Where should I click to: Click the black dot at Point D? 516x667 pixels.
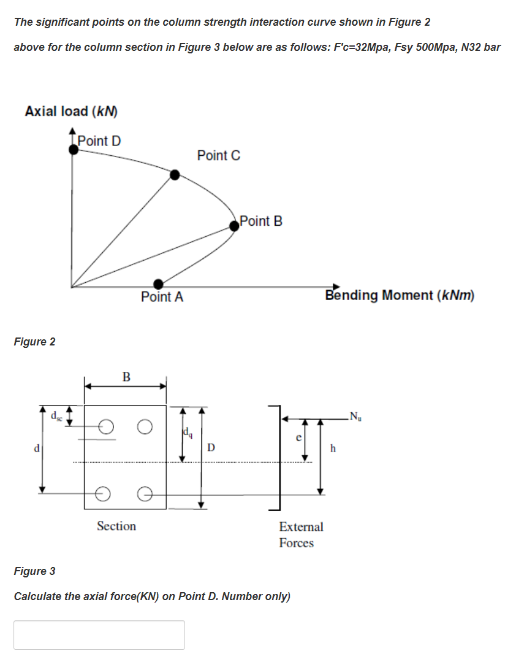pos(74,149)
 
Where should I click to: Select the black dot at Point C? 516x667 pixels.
pos(175,175)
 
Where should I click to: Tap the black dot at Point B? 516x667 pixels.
pos(235,226)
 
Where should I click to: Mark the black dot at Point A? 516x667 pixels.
pos(159,283)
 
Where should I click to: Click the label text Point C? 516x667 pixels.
pos(219,156)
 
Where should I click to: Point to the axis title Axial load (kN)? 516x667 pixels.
pos(71,112)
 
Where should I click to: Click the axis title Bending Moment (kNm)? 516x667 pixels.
pos(400,295)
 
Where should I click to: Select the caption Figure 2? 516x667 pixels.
pos(34,342)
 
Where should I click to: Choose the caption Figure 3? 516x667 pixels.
pos(34,571)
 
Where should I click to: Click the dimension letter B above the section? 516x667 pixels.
pos(126,376)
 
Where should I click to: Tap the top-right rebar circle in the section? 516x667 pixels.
pos(145,425)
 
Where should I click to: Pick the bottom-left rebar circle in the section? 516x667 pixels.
pos(104,492)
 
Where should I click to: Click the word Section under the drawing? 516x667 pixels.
pos(116,526)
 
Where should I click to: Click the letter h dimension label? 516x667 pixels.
pos(333,448)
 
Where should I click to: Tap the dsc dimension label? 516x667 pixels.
pos(55,416)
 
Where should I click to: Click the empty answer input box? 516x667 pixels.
pos(99,634)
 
